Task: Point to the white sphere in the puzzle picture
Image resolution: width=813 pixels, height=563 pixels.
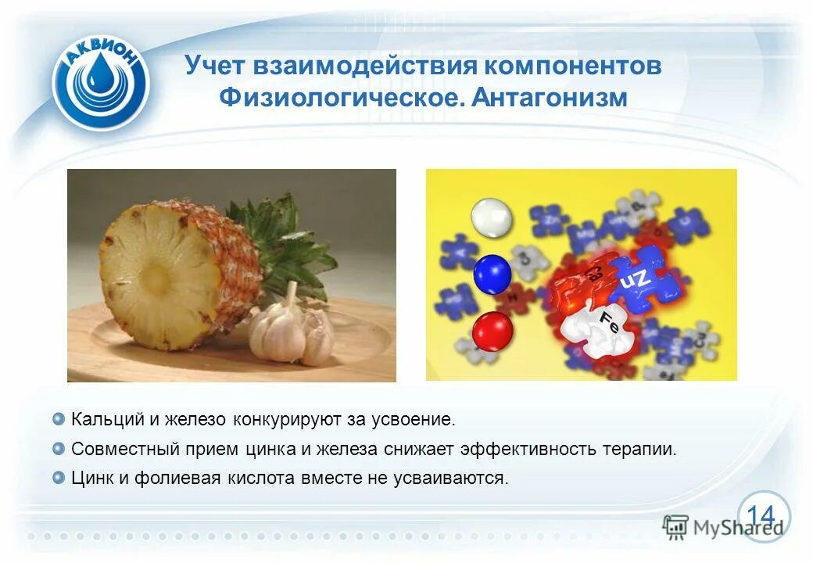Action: (492, 217)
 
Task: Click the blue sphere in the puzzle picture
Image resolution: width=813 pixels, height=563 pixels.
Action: (492, 274)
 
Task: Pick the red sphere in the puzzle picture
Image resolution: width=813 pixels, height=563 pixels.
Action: (492, 331)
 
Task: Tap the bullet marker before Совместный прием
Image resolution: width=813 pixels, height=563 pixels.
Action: (59, 449)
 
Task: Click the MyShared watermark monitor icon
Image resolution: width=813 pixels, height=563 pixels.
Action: (675, 525)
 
